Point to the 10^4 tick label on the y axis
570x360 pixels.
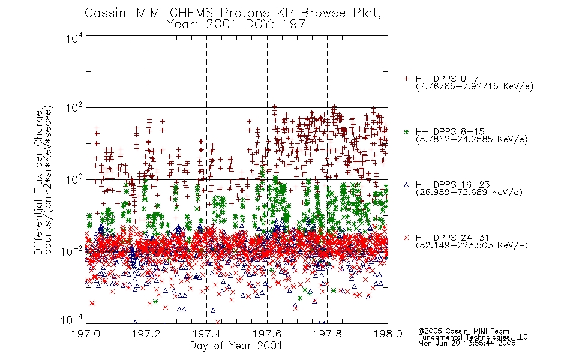tap(74, 38)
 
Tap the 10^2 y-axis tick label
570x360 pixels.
tap(74, 107)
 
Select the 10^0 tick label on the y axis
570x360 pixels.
tap(74, 179)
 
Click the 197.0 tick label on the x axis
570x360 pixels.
tap(86, 334)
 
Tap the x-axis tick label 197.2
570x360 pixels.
tap(146, 334)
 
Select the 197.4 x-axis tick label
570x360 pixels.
tap(206, 334)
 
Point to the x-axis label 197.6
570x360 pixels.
tap(267, 334)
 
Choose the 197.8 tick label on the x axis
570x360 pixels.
tap(328, 334)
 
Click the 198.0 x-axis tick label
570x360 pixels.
tap(388, 334)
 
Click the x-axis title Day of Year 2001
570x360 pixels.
tap(236, 346)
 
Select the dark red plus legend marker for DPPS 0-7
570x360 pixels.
tap(406, 79)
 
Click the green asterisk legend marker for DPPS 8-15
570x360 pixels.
tap(406, 131)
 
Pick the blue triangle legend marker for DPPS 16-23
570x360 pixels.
tap(406, 185)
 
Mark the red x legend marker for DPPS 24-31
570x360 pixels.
tap(406, 238)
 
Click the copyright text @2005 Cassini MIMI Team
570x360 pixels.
tap(464, 331)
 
